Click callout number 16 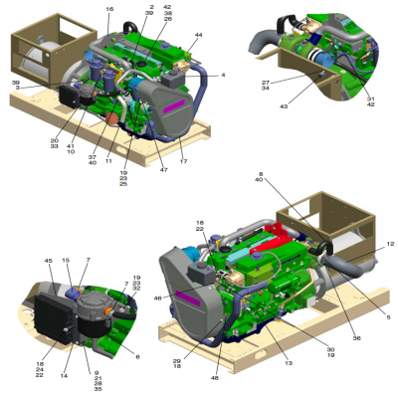tap(109, 9)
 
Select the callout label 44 tap(198, 35)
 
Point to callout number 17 tap(183, 160)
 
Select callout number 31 tap(370, 98)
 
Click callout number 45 tap(48, 262)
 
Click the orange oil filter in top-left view tap(111, 120)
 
